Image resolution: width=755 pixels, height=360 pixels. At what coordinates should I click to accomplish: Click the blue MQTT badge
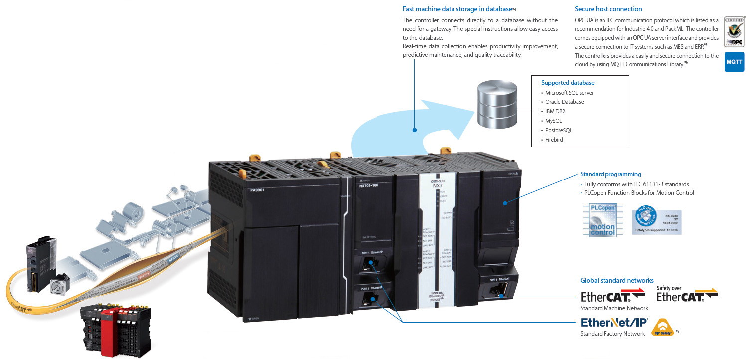point(734,62)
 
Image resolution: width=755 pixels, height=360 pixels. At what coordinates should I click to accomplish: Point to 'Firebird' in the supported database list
point(554,140)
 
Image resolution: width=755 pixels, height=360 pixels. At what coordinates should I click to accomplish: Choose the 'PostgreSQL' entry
point(558,130)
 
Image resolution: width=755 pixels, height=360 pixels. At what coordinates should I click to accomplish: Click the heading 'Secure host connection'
point(608,9)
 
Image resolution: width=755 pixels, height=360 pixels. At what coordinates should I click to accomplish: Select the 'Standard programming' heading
point(610,174)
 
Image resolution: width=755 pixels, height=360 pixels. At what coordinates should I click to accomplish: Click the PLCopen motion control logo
point(602,219)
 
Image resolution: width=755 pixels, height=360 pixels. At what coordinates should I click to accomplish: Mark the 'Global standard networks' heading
point(616,280)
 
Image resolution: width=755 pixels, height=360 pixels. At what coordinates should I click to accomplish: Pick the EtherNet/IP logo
point(614,322)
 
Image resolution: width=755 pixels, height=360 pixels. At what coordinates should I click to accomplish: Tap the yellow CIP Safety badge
point(662,328)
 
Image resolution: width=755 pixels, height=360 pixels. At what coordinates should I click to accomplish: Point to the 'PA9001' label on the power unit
point(257,190)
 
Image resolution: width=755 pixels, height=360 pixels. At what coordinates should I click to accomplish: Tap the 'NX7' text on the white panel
point(437,186)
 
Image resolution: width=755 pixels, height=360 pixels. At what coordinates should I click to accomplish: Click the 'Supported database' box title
point(568,83)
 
